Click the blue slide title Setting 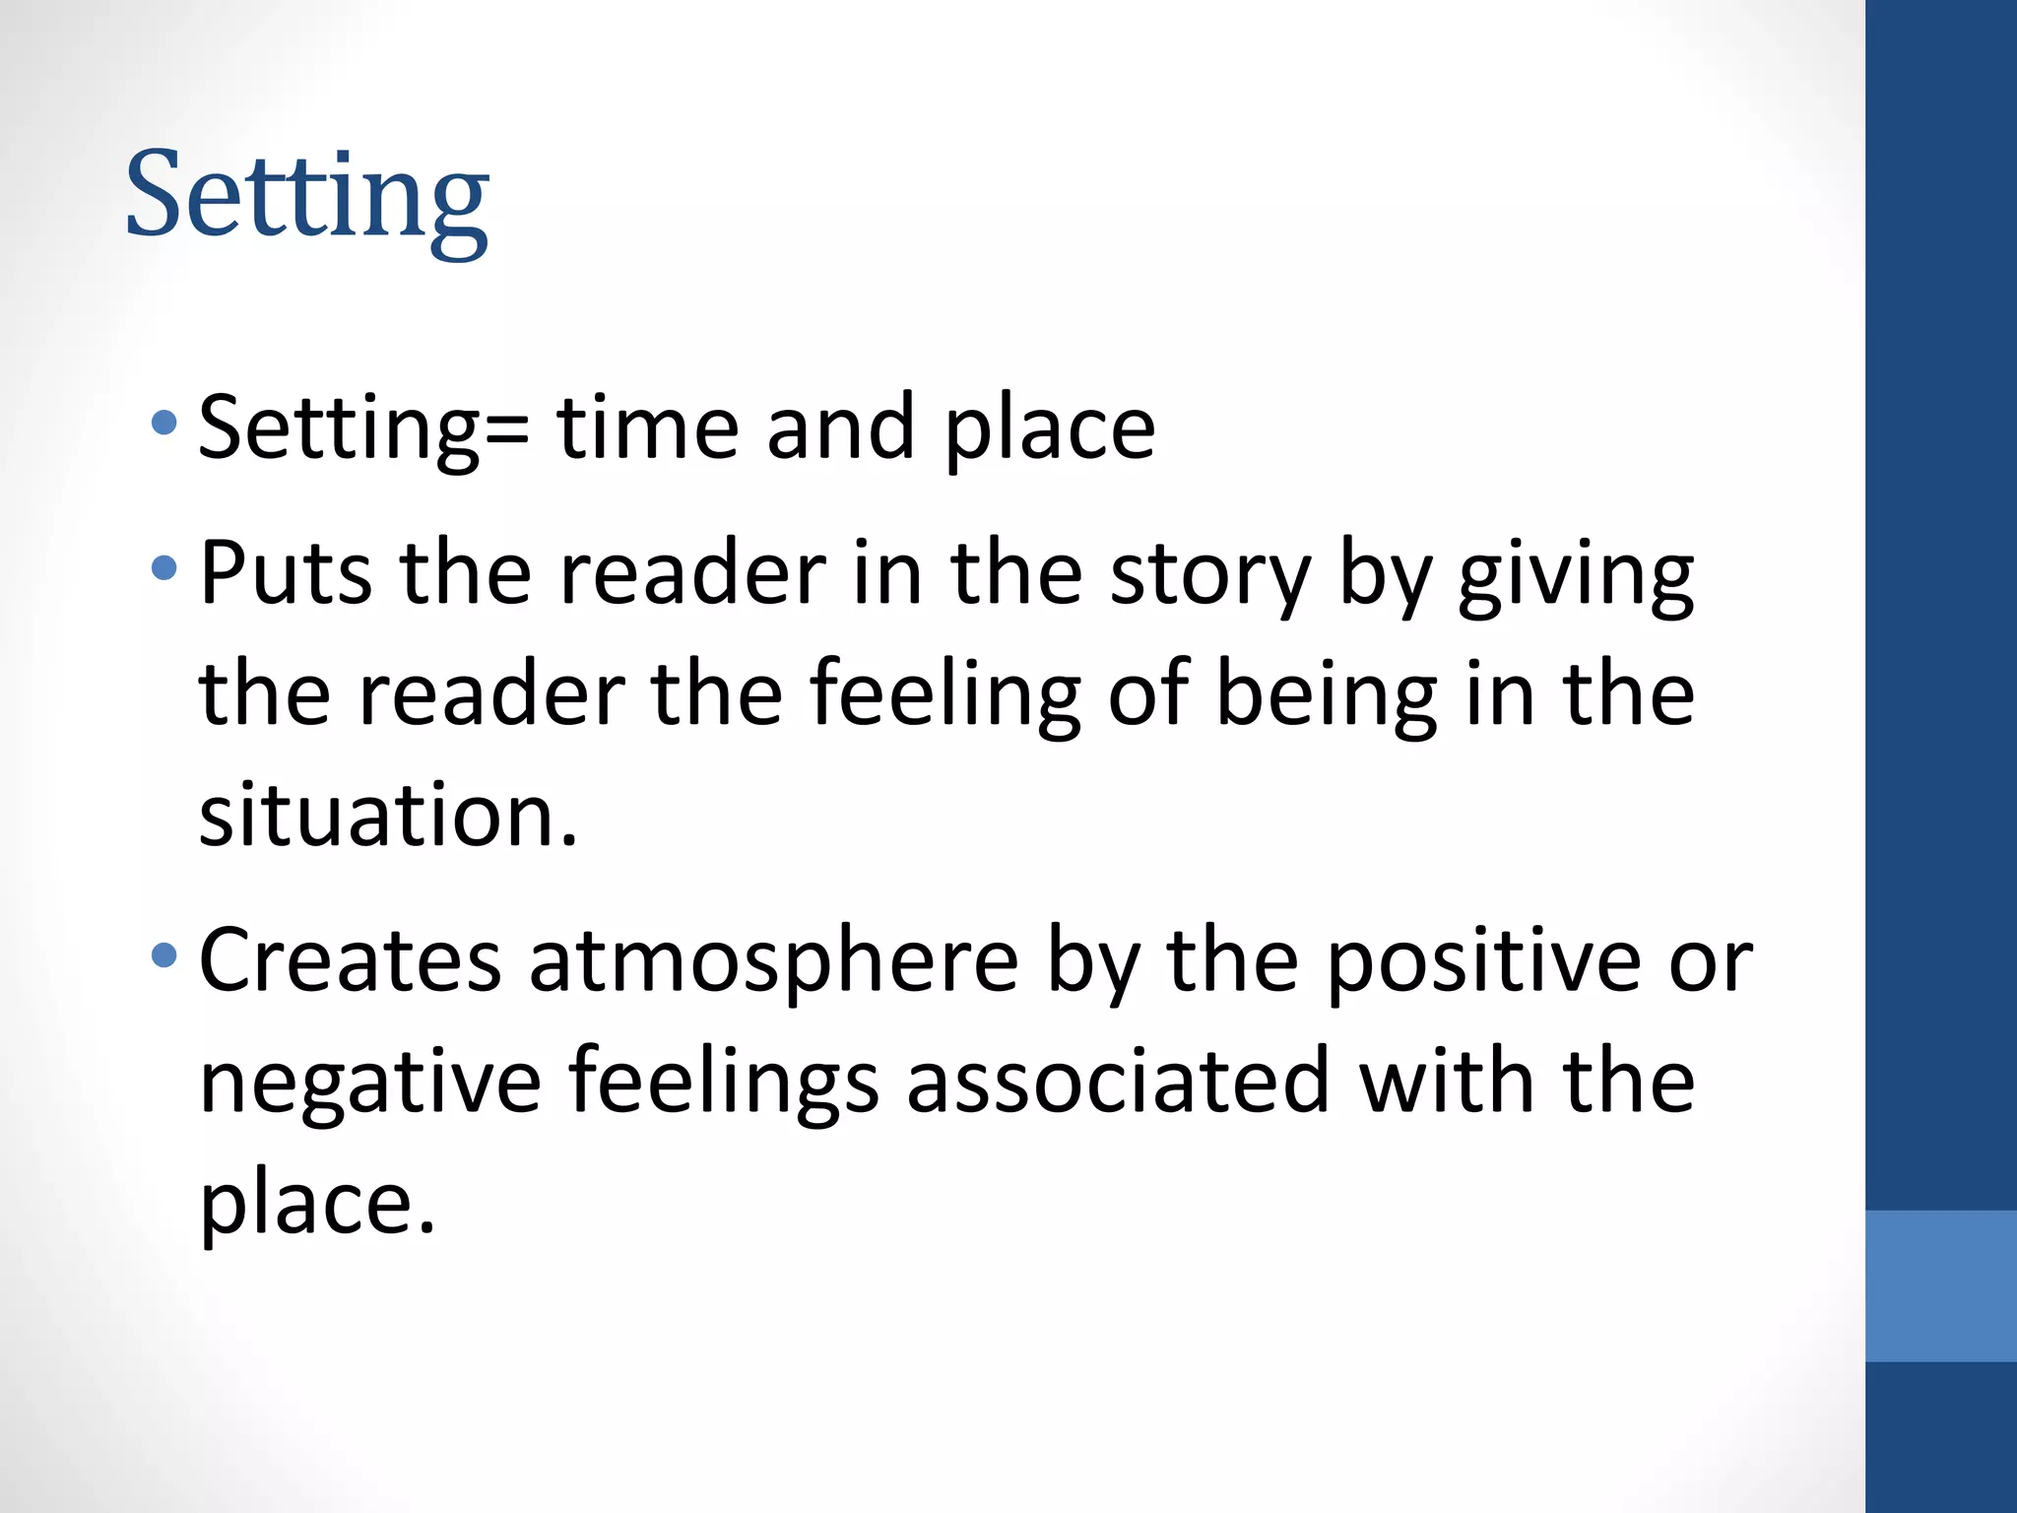[x=306, y=197]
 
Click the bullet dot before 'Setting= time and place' [x=164, y=425]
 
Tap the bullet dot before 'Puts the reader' [x=164, y=568]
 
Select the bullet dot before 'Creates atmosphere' [x=164, y=954]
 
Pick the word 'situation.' [x=388, y=816]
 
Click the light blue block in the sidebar [x=1941, y=1285]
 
